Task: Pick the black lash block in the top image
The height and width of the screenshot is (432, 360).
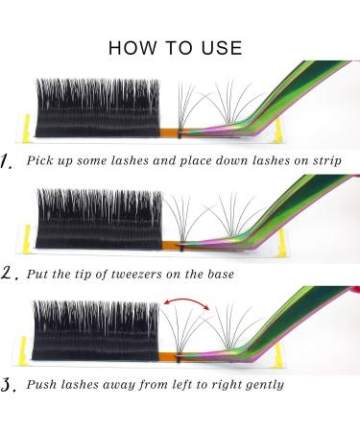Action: (96, 106)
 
